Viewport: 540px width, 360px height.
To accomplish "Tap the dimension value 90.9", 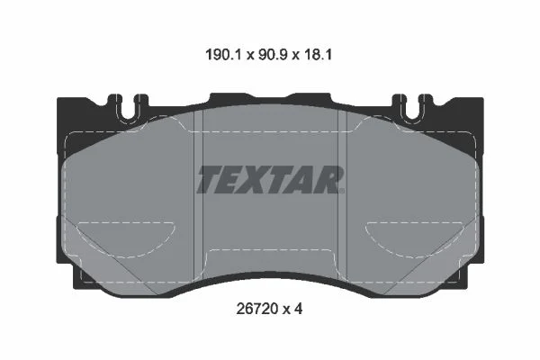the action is pos(273,55).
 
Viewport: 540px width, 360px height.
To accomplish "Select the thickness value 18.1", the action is pos(318,55).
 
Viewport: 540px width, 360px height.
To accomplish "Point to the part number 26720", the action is pos(256,309).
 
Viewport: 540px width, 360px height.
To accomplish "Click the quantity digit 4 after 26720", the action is pos(298,309).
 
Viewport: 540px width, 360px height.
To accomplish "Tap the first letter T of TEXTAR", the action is pos(211,179).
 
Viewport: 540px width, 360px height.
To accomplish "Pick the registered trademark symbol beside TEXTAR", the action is pos(342,191).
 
